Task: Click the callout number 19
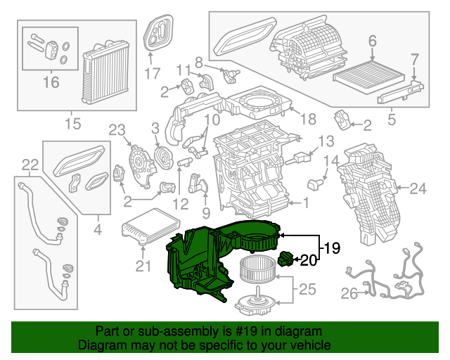332,247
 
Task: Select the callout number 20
309,261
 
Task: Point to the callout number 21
143,266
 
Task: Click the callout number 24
418,188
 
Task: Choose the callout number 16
51,83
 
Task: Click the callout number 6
372,41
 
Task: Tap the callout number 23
116,129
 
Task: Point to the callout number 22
30,165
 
